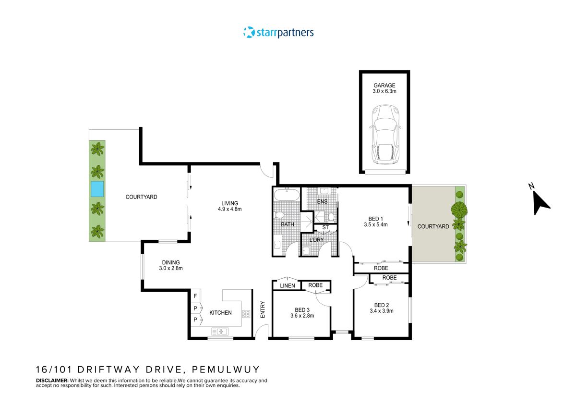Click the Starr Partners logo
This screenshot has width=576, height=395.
(278, 33)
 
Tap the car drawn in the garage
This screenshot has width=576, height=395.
(384, 134)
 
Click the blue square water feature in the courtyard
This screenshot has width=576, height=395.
(97, 189)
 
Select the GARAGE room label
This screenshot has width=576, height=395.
(384, 86)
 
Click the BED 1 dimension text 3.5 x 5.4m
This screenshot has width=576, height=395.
(375, 224)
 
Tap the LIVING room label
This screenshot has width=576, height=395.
(229, 203)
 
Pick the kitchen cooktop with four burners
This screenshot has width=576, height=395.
(246, 314)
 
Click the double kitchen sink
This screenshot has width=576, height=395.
(221, 331)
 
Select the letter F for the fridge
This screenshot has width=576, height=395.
(196, 296)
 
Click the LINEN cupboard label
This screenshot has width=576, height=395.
(287, 286)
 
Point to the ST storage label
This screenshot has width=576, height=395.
(325, 227)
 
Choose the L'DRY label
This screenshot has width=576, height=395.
(316, 239)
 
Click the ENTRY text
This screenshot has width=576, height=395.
(263, 309)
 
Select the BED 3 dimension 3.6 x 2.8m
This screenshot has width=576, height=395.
(301, 316)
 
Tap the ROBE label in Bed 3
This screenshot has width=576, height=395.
(315, 285)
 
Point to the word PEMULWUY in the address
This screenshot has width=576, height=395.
(226, 370)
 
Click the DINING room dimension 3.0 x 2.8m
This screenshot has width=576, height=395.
(171, 269)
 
